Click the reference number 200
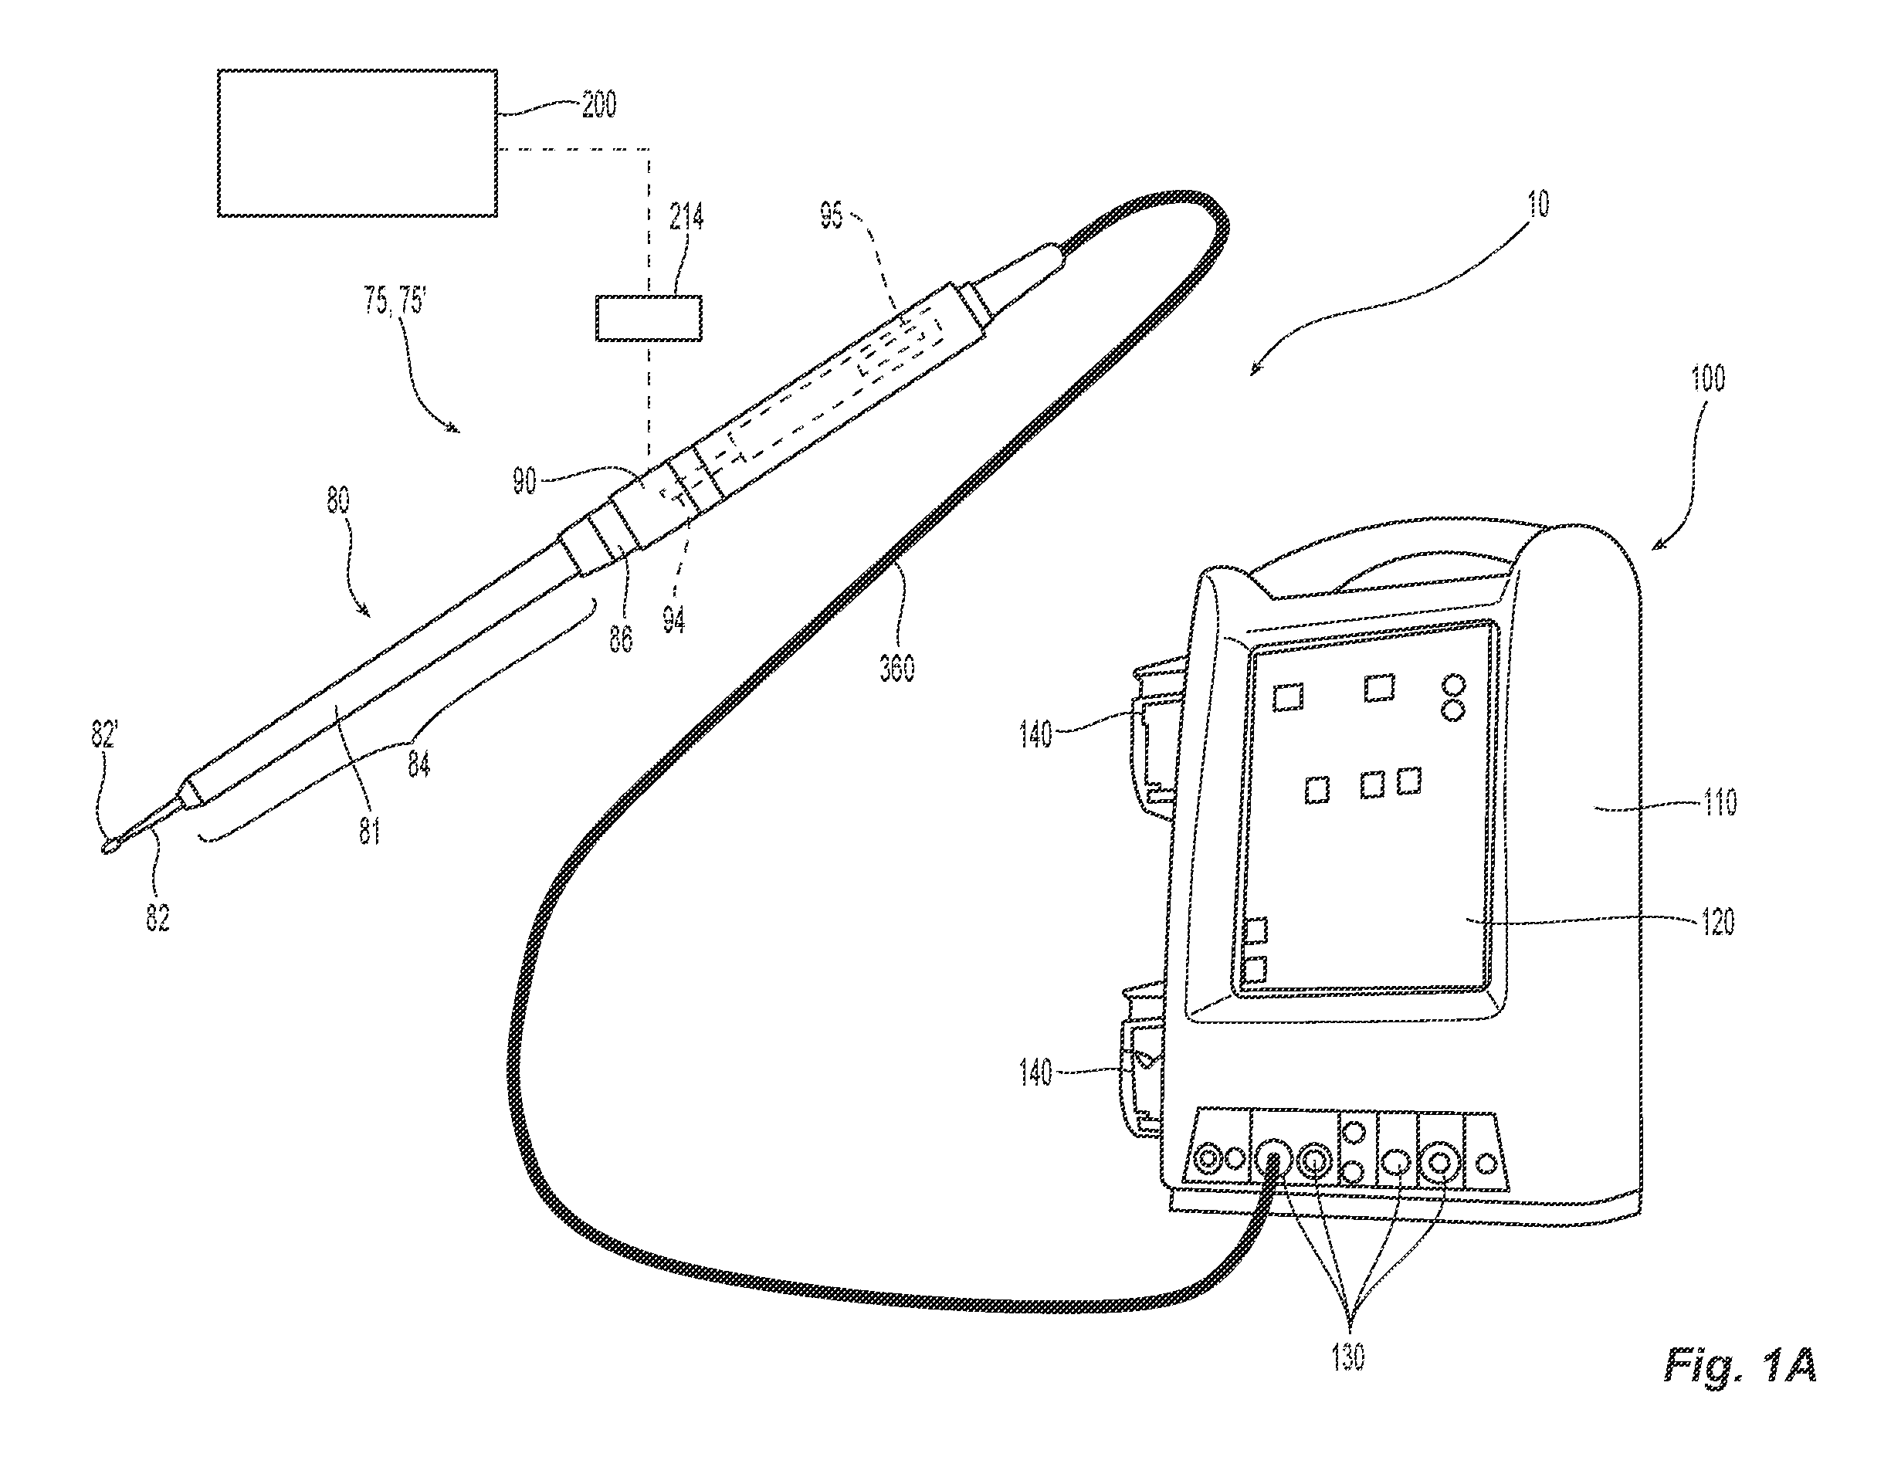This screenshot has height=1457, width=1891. click(599, 105)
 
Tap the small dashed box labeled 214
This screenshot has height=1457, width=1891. click(649, 317)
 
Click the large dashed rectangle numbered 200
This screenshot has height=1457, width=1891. click(357, 143)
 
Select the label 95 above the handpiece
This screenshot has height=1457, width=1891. click(831, 216)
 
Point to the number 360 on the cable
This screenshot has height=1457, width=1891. click(897, 667)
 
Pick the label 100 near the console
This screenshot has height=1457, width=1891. click(1706, 378)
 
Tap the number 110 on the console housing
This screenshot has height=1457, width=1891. click(1720, 802)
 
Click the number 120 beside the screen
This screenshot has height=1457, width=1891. click(1718, 922)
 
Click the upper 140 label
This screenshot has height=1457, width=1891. click(1035, 735)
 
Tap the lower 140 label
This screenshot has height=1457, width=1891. click(1035, 1073)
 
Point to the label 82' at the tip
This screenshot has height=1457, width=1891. click(103, 735)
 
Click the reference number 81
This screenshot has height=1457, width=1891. click(370, 831)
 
